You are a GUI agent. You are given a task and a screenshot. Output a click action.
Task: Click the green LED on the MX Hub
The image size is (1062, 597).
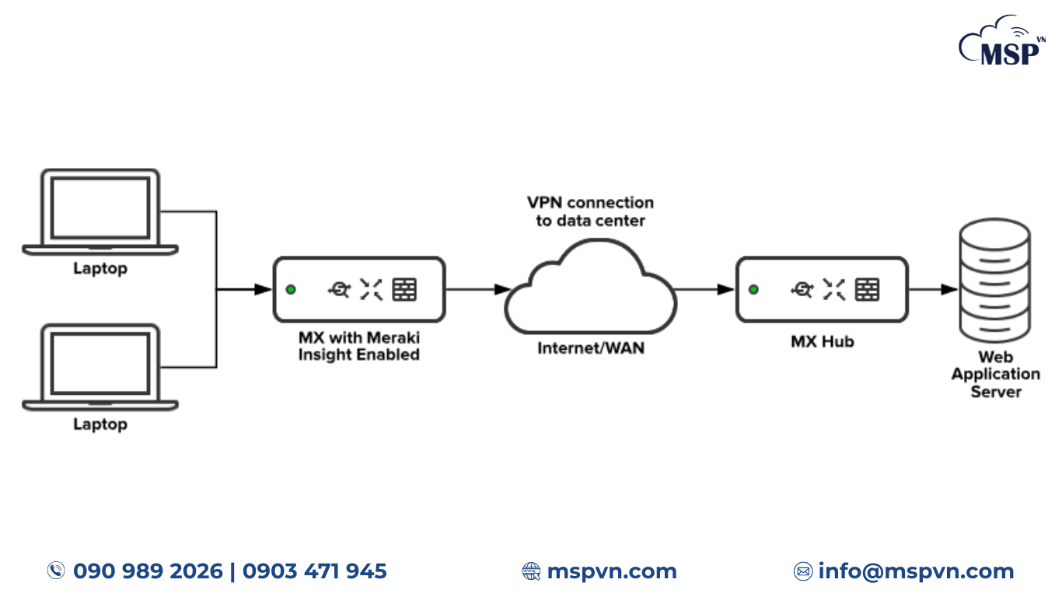(x=753, y=290)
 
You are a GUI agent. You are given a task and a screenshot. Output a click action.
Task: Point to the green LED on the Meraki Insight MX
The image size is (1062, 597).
(x=291, y=290)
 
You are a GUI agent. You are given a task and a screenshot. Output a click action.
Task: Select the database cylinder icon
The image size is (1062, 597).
(x=994, y=281)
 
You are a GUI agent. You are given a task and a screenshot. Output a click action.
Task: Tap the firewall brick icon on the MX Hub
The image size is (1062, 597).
(x=867, y=290)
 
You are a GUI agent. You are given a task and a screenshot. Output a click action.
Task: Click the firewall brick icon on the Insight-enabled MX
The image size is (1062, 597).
(x=404, y=290)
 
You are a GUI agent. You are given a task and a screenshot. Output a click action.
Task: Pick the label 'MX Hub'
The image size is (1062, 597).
(x=822, y=341)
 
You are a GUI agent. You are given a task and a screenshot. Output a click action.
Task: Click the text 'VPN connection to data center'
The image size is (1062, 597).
(x=590, y=211)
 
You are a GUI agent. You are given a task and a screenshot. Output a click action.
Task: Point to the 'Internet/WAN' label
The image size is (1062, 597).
(x=590, y=348)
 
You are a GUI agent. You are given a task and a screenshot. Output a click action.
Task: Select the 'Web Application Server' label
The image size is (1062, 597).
(x=995, y=374)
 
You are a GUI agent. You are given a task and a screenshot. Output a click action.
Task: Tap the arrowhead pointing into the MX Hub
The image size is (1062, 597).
(x=727, y=289)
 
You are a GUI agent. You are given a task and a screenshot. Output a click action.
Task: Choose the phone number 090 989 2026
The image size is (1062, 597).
(x=148, y=571)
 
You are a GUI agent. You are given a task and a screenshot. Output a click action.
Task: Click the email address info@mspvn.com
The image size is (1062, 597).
(x=916, y=571)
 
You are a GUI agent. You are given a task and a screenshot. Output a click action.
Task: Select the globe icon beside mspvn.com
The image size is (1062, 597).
(x=531, y=571)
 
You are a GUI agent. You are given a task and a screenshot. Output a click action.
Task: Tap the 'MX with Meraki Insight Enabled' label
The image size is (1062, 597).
(x=358, y=347)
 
